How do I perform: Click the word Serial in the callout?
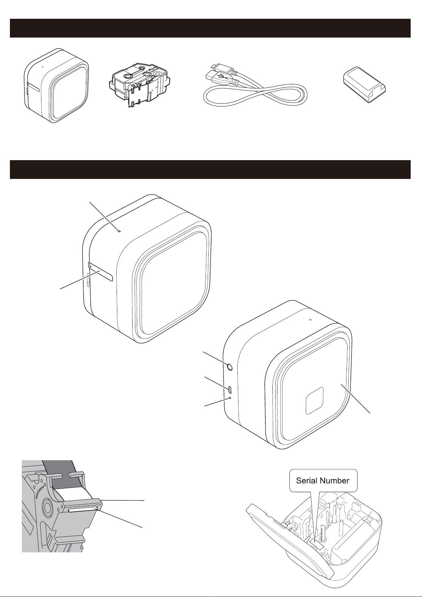pyautogui.click(x=307, y=480)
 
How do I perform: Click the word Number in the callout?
pyautogui.click(x=335, y=480)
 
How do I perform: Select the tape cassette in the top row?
pyautogui.click(x=139, y=84)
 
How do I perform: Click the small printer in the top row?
pyautogui.click(x=56, y=85)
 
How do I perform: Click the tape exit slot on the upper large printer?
pyautogui.click(x=101, y=272)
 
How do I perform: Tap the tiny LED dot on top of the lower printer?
pyautogui.click(x=310, y=320)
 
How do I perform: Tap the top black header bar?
pyautogui.click(x=210, y=28)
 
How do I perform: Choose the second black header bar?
pyautogui.click(x=210, y=169)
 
